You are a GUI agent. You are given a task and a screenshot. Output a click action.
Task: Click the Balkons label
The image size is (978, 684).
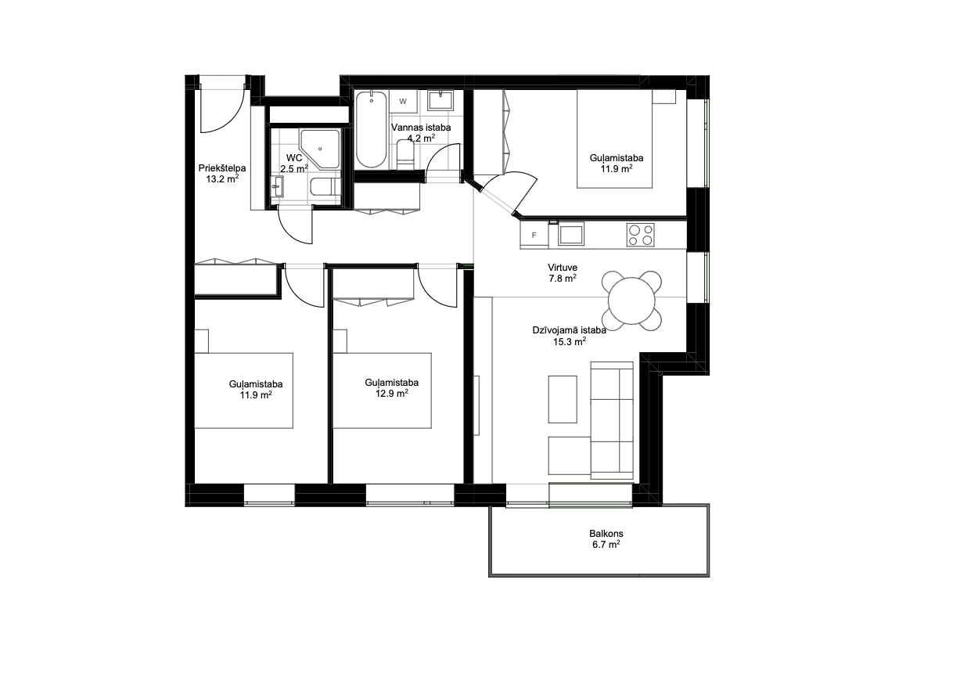tap(606, 533)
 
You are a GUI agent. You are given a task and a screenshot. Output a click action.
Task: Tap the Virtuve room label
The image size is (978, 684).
tap(563, 268)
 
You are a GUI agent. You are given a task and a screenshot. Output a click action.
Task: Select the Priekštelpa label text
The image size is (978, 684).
tap(221, 168)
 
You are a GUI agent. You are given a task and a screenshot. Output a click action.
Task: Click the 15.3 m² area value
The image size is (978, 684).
tap(570, 341)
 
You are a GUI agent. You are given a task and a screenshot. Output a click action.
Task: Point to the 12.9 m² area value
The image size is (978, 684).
tap(392, 393)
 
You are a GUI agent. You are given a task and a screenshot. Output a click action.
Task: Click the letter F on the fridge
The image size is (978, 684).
tap(534, 236)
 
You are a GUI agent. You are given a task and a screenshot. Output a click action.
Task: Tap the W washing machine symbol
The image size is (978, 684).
tap(403, 102)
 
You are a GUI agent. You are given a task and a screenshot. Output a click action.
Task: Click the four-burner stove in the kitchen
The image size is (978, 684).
tap(640, 235)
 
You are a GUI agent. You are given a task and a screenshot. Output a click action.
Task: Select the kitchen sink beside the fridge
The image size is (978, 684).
tap(571, 234)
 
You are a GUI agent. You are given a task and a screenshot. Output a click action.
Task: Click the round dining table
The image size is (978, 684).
tap(631, 301)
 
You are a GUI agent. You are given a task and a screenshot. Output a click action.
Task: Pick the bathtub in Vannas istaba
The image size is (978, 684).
tap(371, 129)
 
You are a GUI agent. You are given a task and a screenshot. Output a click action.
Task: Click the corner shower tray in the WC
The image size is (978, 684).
tap(319, 149)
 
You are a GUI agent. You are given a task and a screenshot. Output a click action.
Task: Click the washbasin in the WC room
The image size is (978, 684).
tap(277, 187)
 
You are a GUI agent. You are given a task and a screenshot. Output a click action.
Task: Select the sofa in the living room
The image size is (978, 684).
tap(612, 420)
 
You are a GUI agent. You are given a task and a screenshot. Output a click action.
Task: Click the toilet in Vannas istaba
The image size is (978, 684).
tap(405, 154)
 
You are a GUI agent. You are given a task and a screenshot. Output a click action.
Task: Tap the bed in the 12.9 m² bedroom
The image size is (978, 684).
tap(382, 391)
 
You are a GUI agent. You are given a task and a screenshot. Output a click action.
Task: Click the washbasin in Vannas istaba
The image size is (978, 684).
tap(440, 100)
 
